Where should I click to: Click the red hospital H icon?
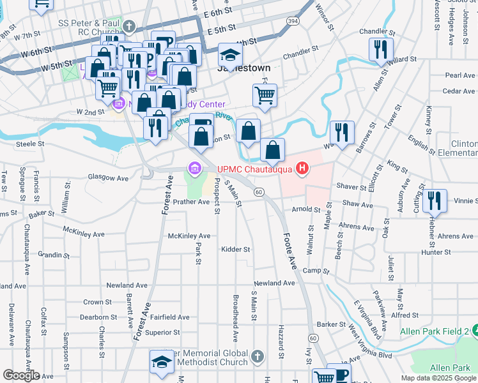pyautogui.click(x=302, y=169)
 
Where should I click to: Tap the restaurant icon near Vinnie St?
pyautogui.click(x=435, y=200)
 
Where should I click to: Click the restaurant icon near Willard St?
pyautogui.click(x=381, y=48)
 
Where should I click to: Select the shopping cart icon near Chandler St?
pyautogui.click(x=265, y=94)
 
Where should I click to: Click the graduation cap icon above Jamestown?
pyautogui.click(x=230, y=54)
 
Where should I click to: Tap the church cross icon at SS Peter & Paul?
pyautogui.click(x=130, y=27)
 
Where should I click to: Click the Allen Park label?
pyautogui.click(x=450, y=368)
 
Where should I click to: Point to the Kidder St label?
pyautogui.click(x=236, y=249)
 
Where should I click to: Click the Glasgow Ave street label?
pyautogui.click(x=109, y=178)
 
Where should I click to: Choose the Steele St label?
pyautogui.click(x=30, y=144)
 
